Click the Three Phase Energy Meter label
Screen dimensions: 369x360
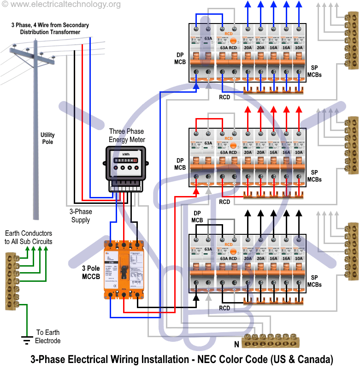pos(127,136)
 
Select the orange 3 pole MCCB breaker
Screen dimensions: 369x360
pos(124,269)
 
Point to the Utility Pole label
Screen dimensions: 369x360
pos(47,138)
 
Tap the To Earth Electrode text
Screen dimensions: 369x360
pos(48,337)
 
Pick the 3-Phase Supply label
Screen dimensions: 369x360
pos(81,215)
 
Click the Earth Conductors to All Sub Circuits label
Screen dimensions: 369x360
pos(29,238)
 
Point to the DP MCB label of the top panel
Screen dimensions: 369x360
pos(180,58)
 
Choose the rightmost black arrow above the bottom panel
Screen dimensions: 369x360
pos(299,214)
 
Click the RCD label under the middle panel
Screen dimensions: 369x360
pos(224,202)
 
